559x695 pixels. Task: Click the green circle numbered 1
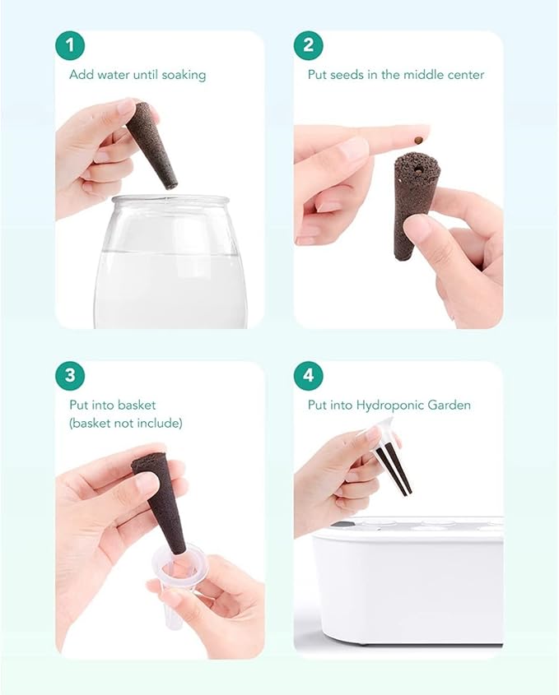[70, 46]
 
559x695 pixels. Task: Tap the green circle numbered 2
[309, 46]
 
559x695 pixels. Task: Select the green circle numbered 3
[70, 376]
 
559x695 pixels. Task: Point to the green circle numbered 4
[309, 376]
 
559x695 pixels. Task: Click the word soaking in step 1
[184, 75]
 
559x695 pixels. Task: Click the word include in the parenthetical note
[159, 424]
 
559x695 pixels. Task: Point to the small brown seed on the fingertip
[417, 141]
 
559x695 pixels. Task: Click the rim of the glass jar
[170, 200]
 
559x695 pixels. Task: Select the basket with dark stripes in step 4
[390, 456]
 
